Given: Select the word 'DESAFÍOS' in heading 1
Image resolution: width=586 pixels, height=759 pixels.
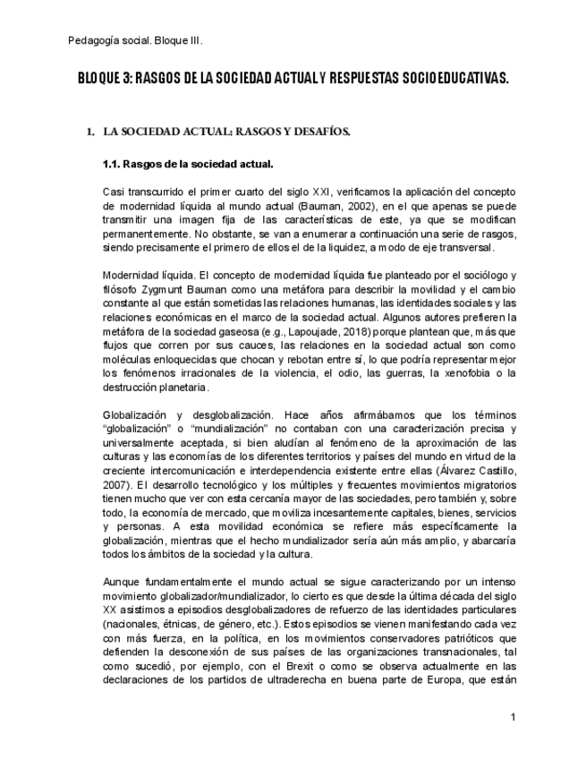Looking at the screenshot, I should pyautogui.click(x=318, y=132).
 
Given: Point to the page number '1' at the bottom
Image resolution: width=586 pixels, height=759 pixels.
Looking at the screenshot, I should pyautogui.click(x=514, y=719).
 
